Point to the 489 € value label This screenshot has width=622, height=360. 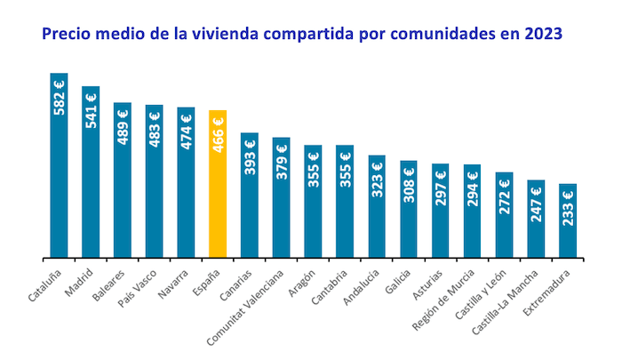point(123,126)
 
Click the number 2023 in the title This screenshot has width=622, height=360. point(541,33)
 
